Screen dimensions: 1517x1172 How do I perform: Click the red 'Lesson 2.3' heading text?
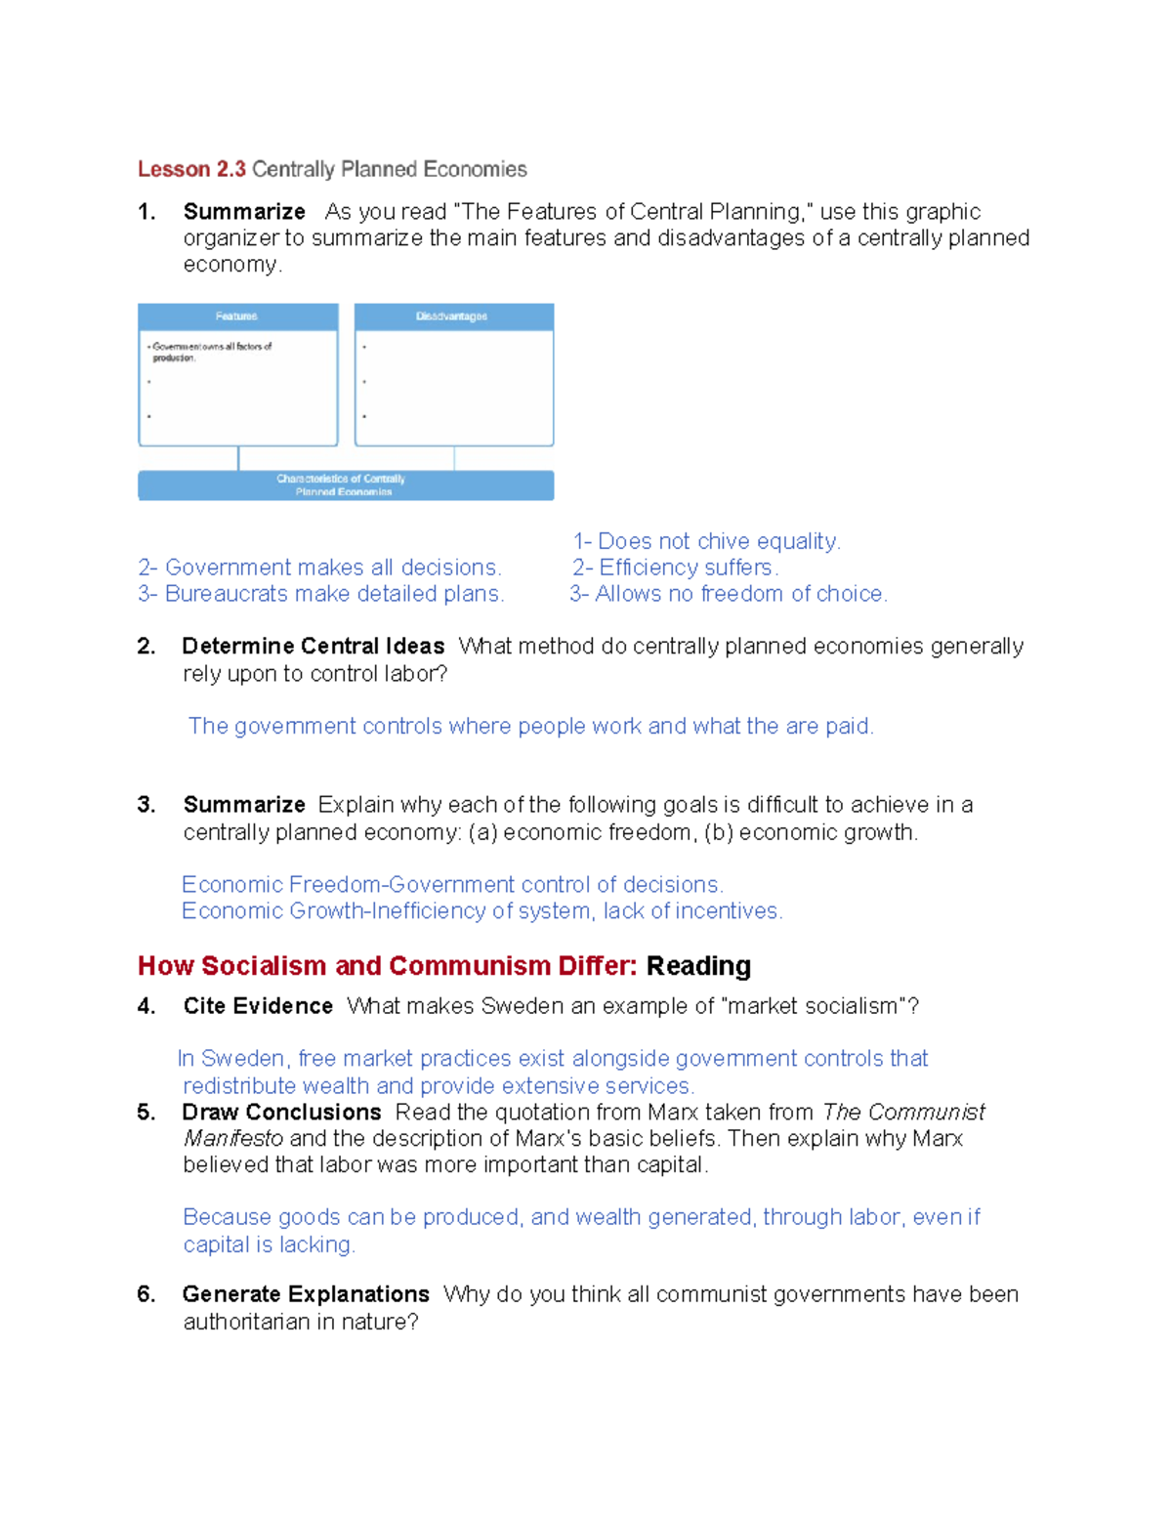click(191, 169)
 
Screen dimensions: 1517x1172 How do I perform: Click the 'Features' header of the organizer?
click(236, 316)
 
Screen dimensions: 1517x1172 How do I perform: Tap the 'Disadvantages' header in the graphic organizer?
click(451, 316)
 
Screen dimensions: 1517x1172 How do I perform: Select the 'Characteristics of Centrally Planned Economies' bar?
click(345, 485)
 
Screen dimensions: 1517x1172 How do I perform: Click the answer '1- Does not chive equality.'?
click(706, 541)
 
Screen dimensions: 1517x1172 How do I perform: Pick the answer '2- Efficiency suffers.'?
click(675, 568)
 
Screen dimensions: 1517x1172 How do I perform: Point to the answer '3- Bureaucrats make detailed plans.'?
click(320, 594)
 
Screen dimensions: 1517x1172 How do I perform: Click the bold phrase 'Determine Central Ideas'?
click(313, 647)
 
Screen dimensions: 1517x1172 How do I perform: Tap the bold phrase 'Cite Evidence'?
click(258, 1006)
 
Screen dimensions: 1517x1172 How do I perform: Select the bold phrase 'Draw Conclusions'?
click(281, 1113)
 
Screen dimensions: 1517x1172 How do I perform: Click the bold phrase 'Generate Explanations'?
click(306, 1294)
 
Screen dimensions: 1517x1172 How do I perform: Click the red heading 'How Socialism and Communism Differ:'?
click(387, 966)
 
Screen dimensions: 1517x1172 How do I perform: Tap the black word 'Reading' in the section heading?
click(698, 966)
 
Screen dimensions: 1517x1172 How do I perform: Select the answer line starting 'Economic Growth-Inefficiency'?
click(481, 911)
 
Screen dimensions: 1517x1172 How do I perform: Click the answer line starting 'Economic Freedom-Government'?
click(452, 885)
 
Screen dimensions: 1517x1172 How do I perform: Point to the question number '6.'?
click(146, 1294)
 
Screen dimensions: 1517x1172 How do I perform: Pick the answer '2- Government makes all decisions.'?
click(319, 568)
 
